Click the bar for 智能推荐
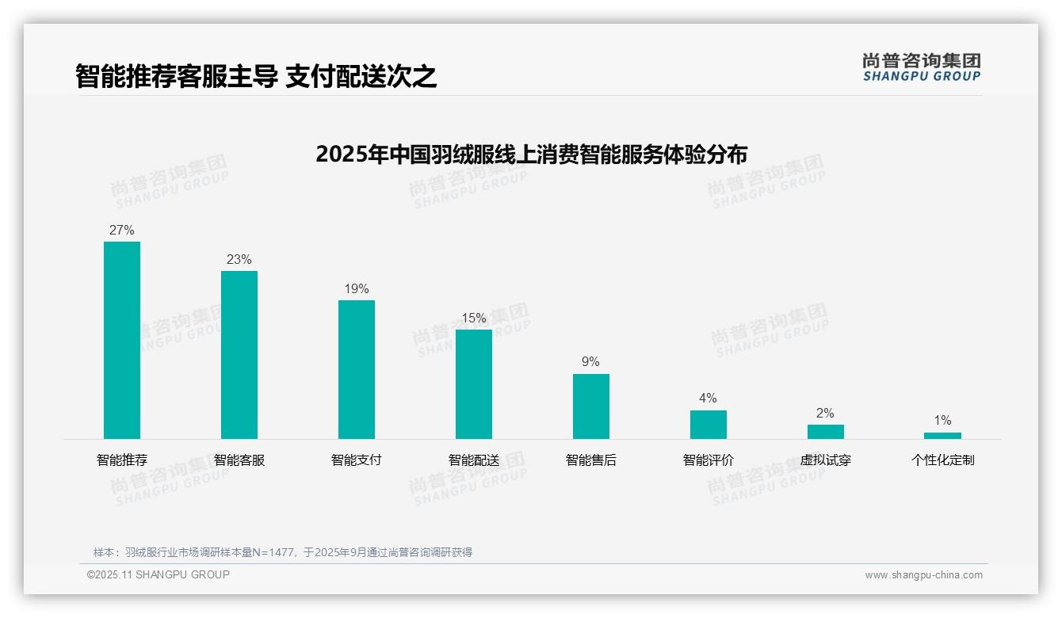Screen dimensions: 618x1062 (122, 340)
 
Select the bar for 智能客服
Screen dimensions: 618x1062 (239, 354)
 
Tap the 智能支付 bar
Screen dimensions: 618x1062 (357, 369)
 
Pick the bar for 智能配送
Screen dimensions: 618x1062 (474, 383)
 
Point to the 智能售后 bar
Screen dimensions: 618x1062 (591, 406)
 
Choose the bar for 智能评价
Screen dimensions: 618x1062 (709, 424)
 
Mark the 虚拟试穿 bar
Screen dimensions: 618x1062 (826, 431)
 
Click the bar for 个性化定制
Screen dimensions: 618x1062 (942, 435)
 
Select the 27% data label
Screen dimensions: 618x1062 (122, 231)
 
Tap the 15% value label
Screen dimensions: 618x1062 (474, 319)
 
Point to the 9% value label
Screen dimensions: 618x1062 (591, 362)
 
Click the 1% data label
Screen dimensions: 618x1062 (942, 421)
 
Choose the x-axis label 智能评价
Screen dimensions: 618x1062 (709, 460)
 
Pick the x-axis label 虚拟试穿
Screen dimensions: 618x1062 (826, 460)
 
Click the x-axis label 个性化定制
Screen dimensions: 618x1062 (942, 460)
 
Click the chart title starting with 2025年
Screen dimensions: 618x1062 (531, 154)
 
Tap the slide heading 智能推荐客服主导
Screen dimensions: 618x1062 (177, 77)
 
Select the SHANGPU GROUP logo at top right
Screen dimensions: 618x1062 (922, 67)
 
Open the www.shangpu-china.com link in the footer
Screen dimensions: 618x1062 (923, 575)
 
